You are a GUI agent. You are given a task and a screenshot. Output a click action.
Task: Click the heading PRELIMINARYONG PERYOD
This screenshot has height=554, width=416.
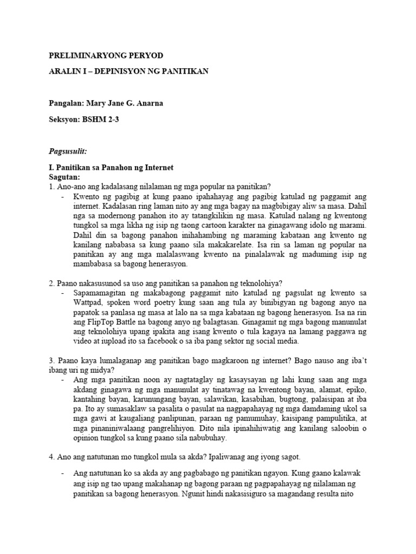coord(106,56)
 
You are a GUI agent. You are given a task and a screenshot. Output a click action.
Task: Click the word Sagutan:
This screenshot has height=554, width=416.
coord(64,177)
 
